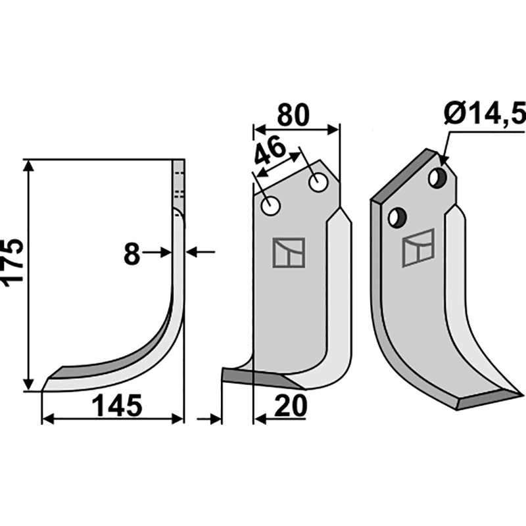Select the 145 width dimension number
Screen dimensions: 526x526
[x=117, y=406]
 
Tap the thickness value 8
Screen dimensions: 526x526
[x=131, y=254]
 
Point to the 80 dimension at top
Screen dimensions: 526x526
[x=293, y=116]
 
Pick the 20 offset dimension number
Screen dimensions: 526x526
[x=291, y=406]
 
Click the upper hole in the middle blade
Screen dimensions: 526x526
[x=318, y=183]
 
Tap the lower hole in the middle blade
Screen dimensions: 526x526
[x=270, y=206]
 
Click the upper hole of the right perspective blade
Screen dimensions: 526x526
[x=437, y=178]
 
